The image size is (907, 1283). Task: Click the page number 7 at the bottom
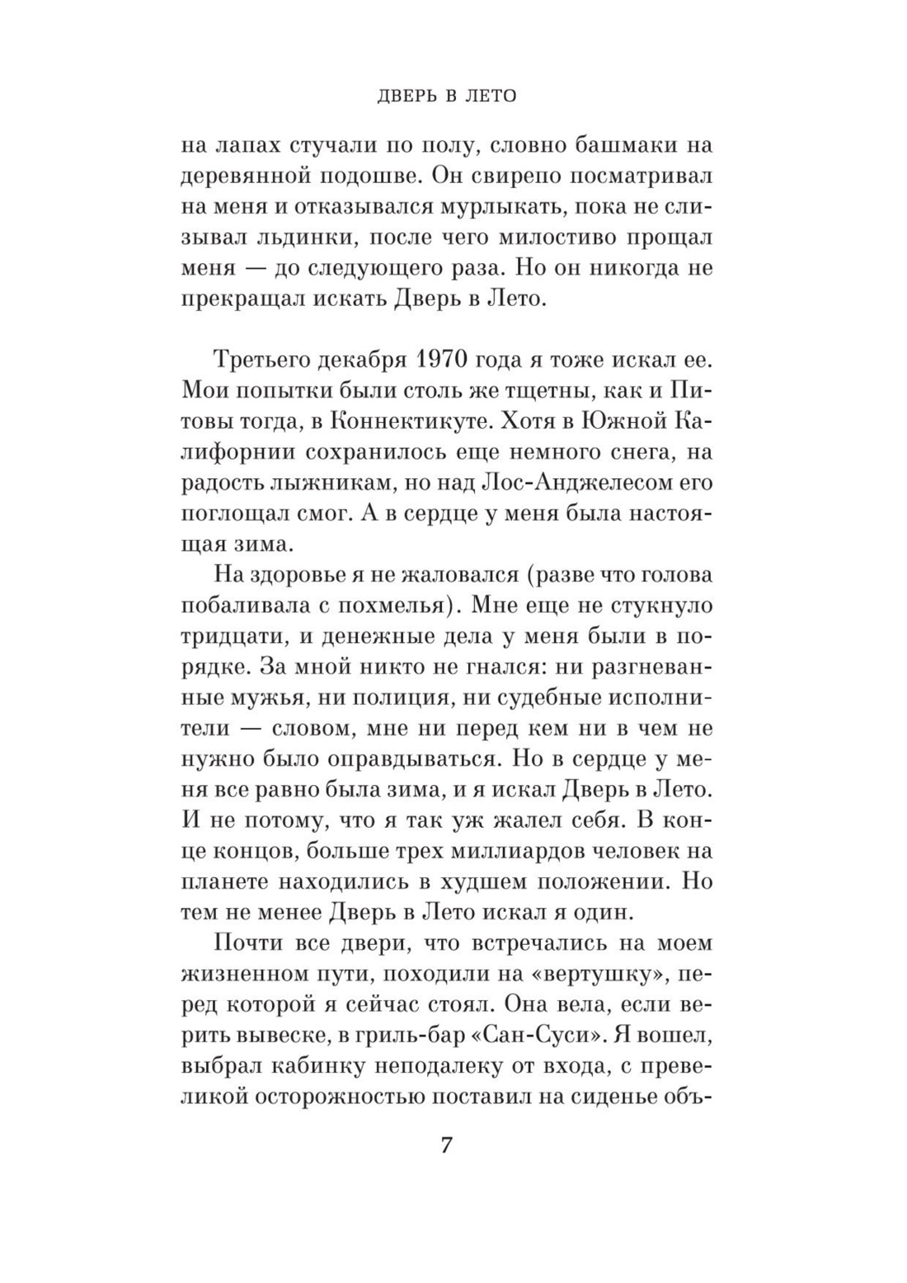pyautogui.click(x=445, y=1146)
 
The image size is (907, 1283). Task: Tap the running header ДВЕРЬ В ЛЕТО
pyautogui.click(x=446, y=96)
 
